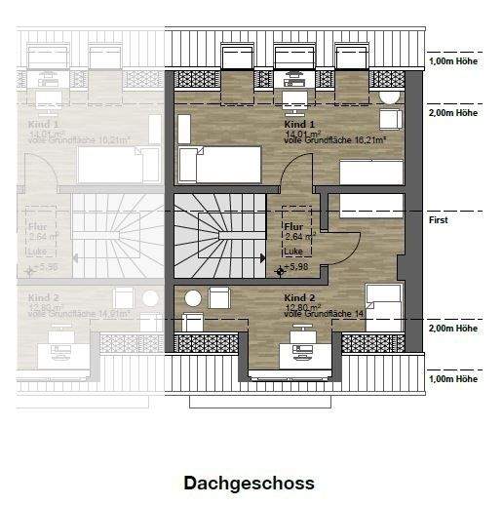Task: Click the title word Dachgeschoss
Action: click(x=249, y=484)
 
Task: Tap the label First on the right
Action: click(x=438, y=221)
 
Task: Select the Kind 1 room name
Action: click(x=300, y=126)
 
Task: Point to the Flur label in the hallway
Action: click(x=292, y=226)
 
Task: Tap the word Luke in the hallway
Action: click(x=293, y=252)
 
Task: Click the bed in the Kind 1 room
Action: click(x=220, y=164)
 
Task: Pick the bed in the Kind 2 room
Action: click(x=383, y=306)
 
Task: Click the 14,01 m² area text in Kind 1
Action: click(x=298, y=135)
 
